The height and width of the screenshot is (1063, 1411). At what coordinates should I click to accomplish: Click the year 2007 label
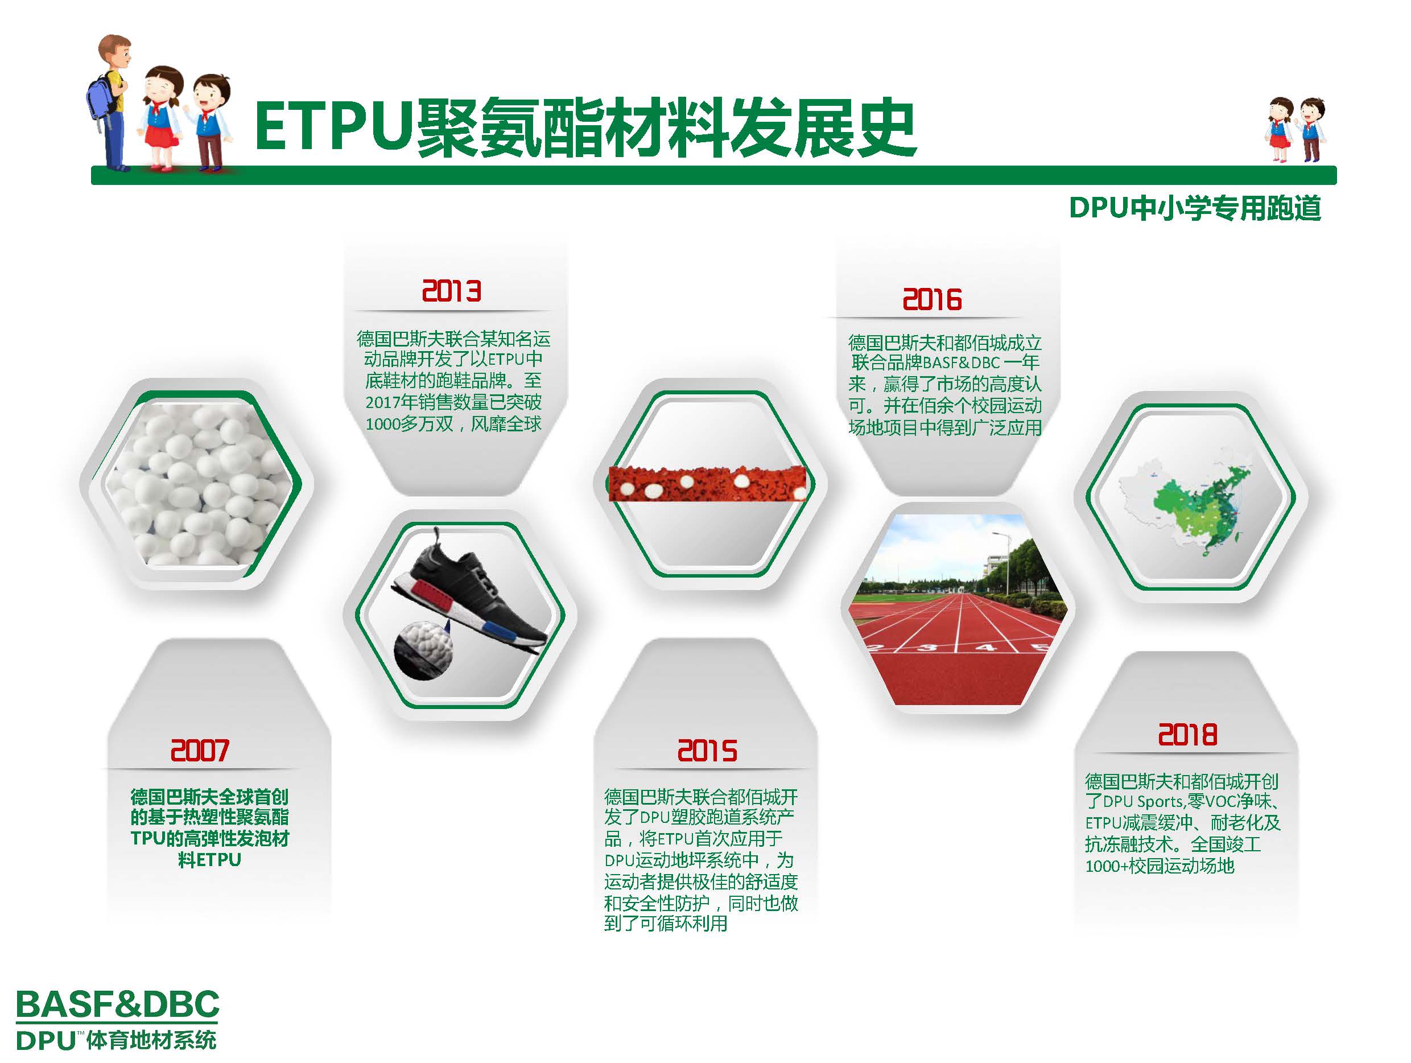pyautogui.click(x=200, y=751)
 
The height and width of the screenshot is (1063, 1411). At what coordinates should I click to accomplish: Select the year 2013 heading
pyautogui.click(x=451, y=291)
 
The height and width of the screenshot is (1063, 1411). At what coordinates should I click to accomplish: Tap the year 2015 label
pyautogui.click(x=707, y=751)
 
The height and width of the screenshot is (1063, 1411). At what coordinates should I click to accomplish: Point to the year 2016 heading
pyautogui.click(x=932, y=300)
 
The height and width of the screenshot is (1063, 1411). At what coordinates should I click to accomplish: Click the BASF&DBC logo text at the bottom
pyautogui.click(x=117, y=1004)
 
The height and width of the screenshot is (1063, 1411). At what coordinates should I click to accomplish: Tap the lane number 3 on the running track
pyautogui.click(x=930, y=648)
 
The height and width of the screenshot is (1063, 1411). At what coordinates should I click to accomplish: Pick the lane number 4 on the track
pyautogui.click(x=987, y=648)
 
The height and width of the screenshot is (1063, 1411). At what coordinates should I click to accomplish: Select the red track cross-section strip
pyautogui.click(x=707, y=483)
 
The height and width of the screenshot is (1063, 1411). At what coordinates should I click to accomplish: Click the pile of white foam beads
pyautogui.click(x=198, y=483)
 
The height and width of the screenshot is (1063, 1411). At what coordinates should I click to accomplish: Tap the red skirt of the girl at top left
pyautogui.click(x=159, y=136)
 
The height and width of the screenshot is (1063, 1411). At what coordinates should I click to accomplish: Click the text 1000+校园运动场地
pyautogui.click(x=1160, y=866)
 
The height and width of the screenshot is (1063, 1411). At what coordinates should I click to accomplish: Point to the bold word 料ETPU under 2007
pyautogui.click(x=209, y=859)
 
